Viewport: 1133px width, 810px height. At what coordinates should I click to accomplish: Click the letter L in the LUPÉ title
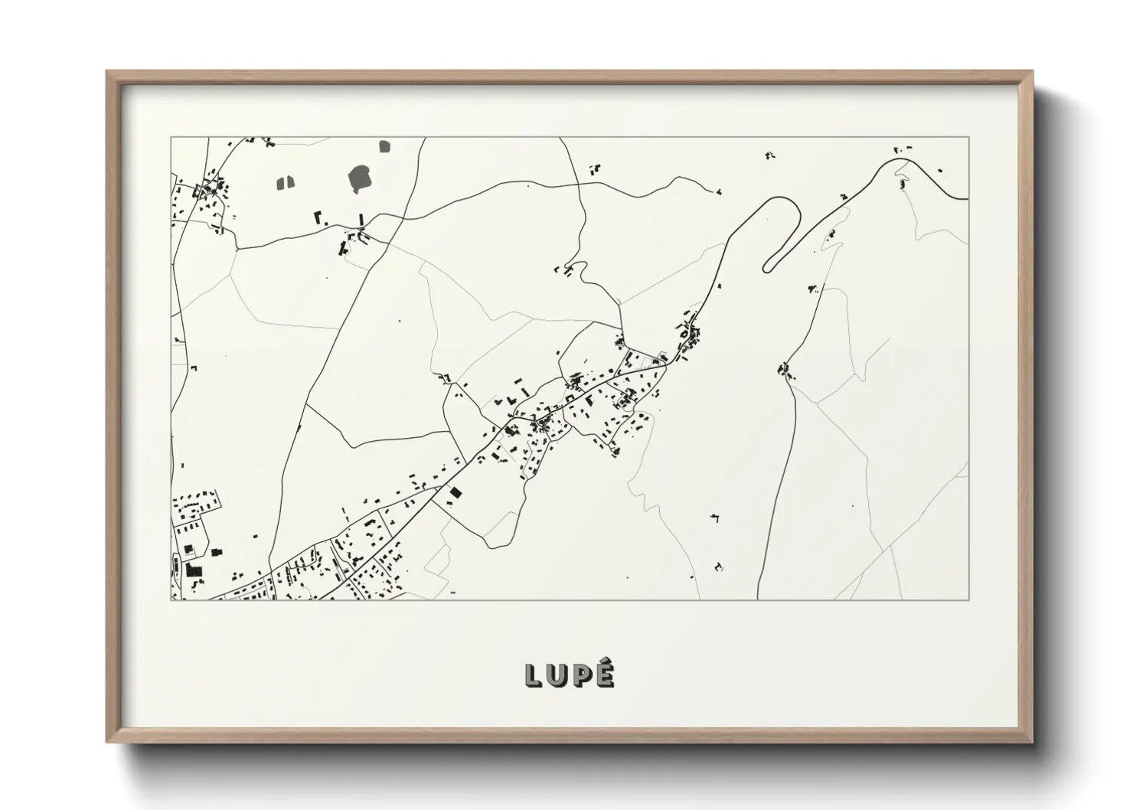(x=534, y=674)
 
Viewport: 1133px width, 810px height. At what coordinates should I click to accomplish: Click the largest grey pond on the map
(x=360, y=179)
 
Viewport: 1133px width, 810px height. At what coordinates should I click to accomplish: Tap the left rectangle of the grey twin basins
(x=280, y=183)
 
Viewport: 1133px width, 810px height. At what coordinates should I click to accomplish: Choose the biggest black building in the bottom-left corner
(x=191, y=570)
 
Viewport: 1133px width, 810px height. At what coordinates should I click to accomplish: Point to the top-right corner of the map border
(x=968, y=137)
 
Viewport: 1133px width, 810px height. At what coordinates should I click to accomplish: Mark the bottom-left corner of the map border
(x=171, y=599)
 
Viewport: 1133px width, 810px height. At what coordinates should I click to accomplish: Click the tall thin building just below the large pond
(x=361, y=220)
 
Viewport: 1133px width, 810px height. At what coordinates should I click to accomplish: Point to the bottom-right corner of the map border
(x=968, y=599)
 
